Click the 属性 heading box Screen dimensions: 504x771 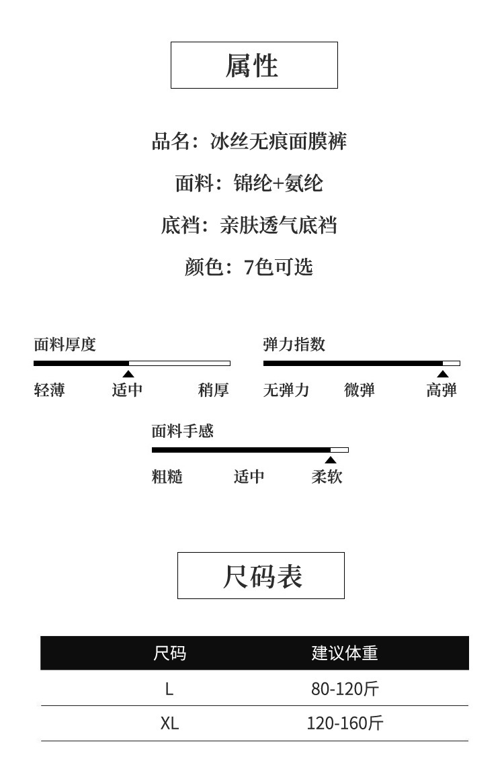[x=254, y=65]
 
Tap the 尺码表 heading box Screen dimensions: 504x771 [x=261, y=576]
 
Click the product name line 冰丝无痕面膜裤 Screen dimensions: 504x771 [x=249, y=141]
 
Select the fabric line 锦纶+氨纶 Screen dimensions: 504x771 [x=249, y=183]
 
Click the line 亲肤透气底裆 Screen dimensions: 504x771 [x=249, y=225]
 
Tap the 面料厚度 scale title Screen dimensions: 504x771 [x=65, y=345]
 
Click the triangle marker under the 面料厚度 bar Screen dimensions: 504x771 [x=128, y=374]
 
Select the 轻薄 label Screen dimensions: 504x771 [x=49, y=390]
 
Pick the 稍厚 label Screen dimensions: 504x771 [x=214, y=390]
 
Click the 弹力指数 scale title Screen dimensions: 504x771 [x=294, y=345]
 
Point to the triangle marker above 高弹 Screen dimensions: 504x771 [x=443, y=374]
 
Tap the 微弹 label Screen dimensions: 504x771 [x=360, y=390]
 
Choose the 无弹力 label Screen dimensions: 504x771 [x=286, y=390]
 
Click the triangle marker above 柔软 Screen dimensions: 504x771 [x=331, y=460]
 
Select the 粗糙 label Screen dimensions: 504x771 [x=167, y=476]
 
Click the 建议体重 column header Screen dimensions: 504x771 [x=345, y=653]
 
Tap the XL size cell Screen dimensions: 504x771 [x=169, y=723]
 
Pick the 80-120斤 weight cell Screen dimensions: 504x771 [x=345, y=688]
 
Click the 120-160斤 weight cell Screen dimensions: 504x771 [x=345, y=723]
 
